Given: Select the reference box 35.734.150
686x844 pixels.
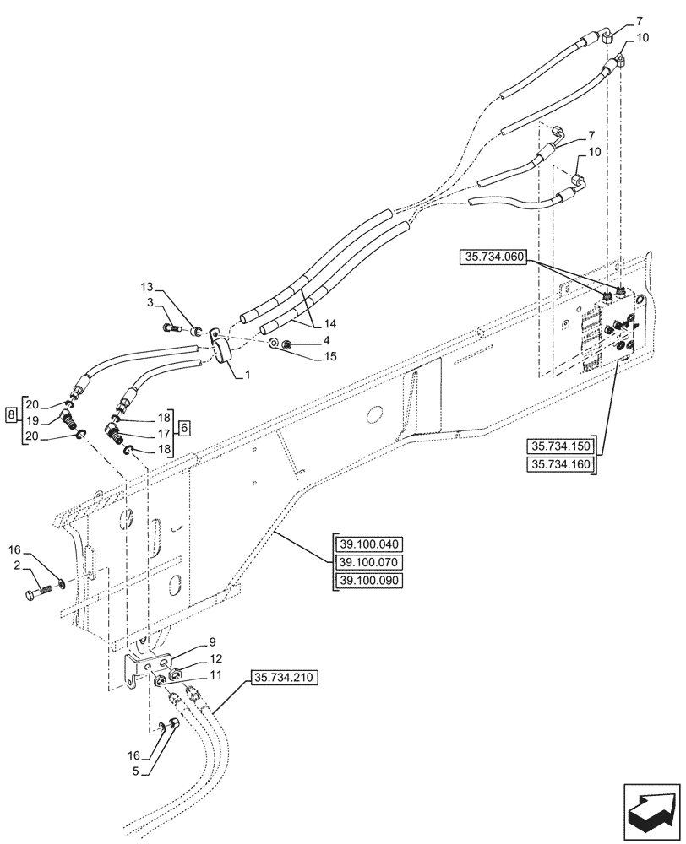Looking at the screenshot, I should [x=561, y=446].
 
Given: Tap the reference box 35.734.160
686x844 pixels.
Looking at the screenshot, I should [x=561, y=466].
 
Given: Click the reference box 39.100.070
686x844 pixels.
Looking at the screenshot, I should [x=370, y=562].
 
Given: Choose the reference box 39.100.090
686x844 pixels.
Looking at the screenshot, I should [x=370, y=582].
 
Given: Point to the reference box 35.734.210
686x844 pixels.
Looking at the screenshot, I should [x=285, y=678].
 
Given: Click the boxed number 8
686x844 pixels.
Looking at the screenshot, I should [x=10, y=415].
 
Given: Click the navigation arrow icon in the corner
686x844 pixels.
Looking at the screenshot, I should [x=651, y=809].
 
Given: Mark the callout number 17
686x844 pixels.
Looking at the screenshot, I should [x=161, y=435].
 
